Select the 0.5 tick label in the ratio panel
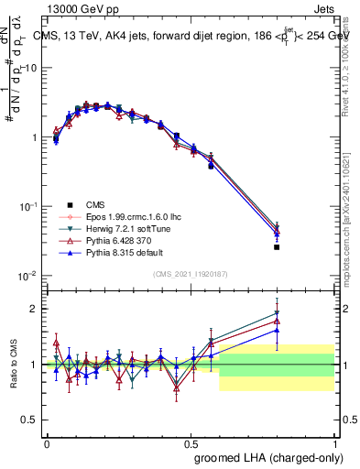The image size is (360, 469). click(31, 420)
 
